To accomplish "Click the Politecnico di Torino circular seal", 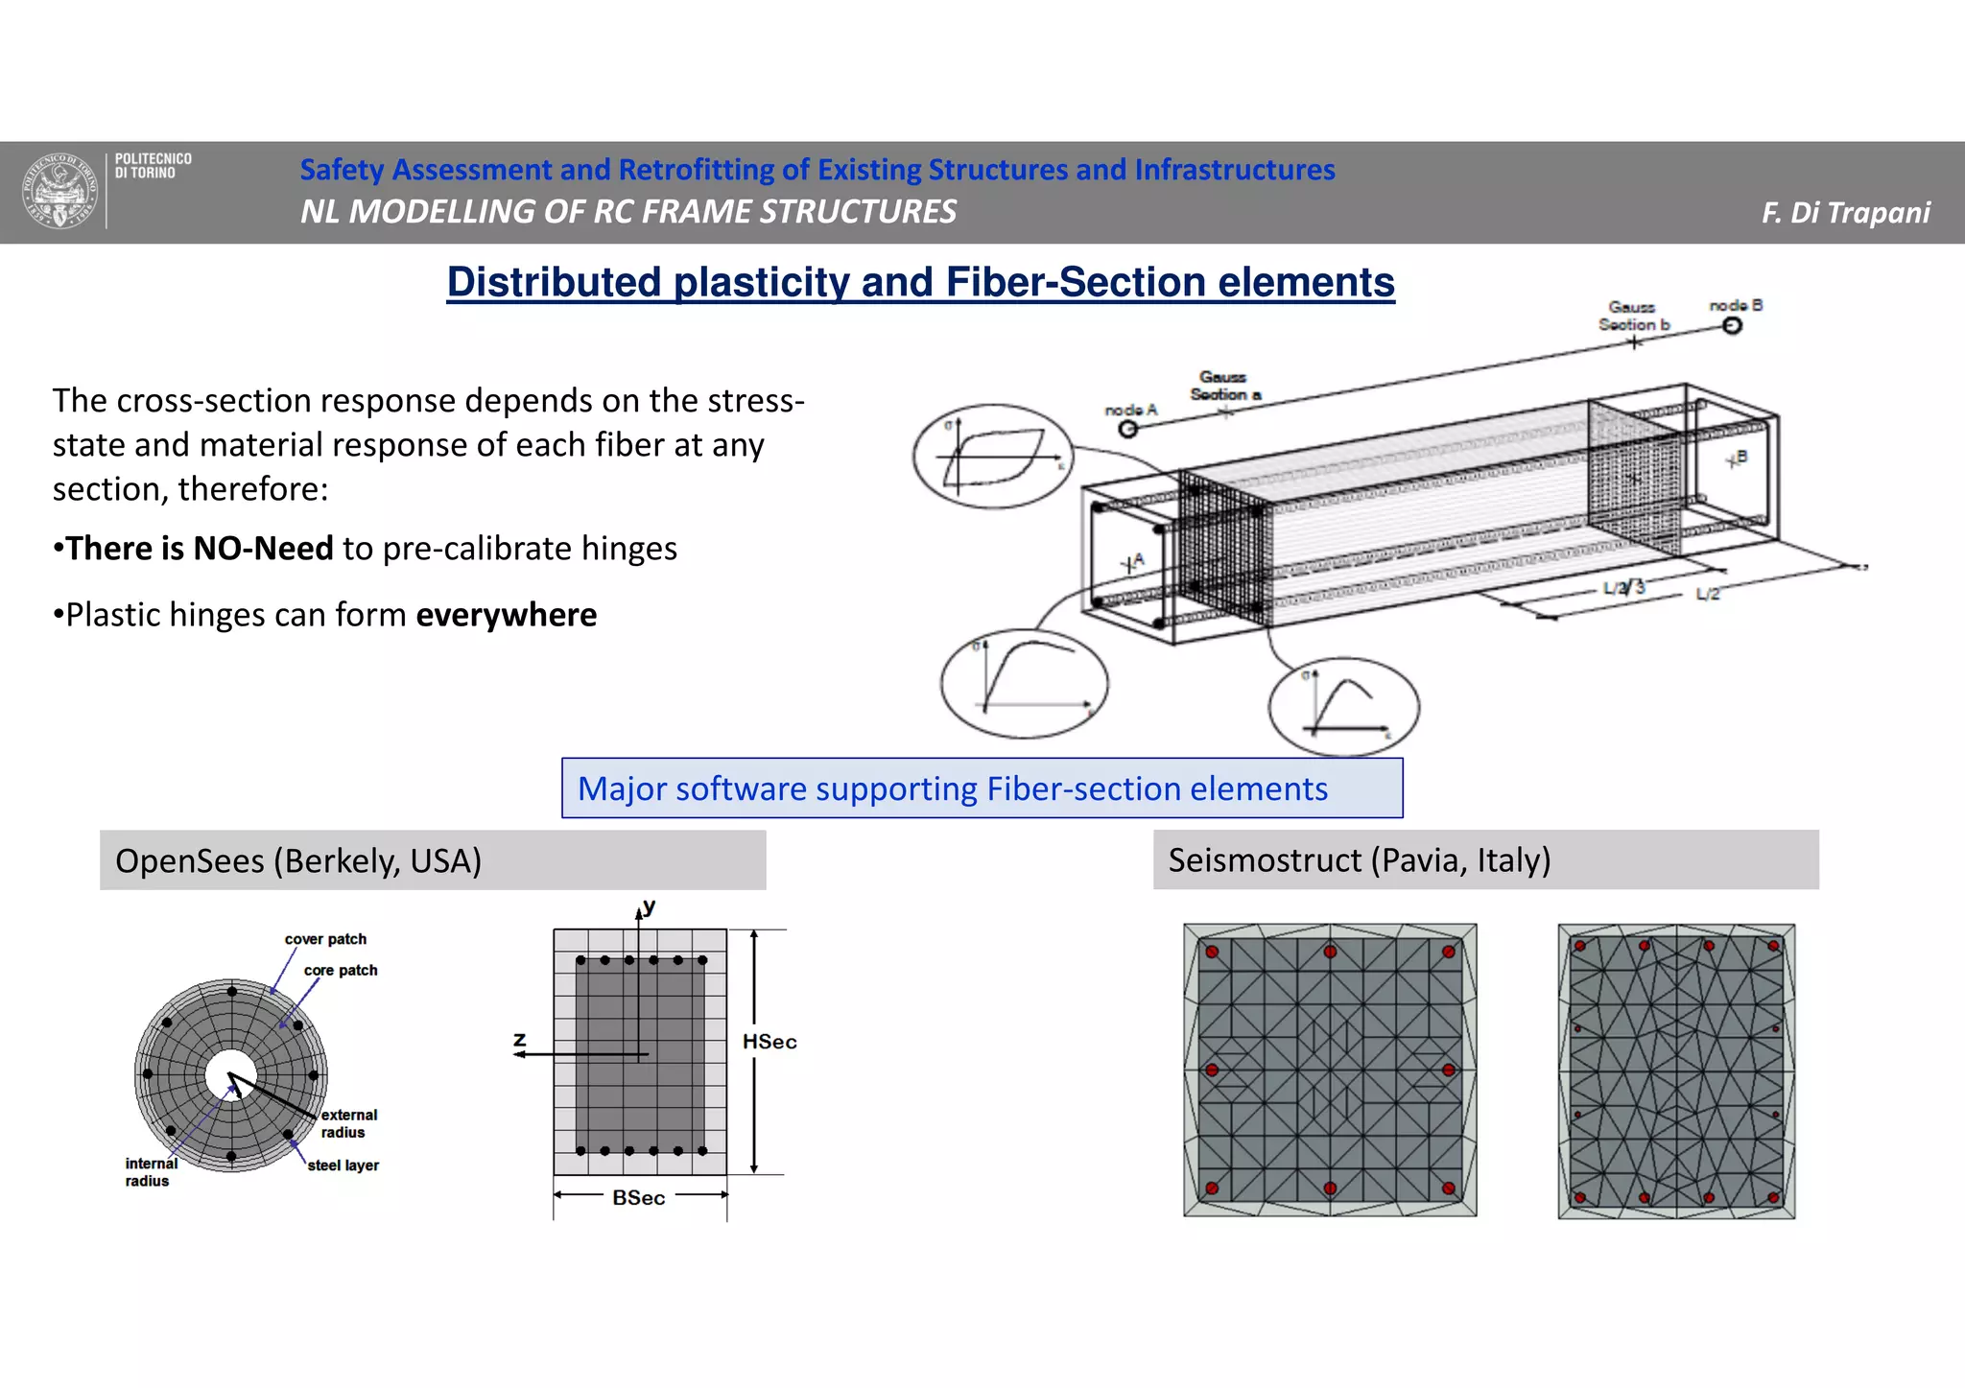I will [60, 191].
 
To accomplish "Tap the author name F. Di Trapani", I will [1845, 212].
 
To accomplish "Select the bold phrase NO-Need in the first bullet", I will [263, 549].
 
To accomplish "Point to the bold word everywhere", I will [506, 615].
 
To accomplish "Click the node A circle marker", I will [1128, 429].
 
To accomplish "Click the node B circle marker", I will [1732, 326].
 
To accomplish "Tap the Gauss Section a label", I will [1224, 386].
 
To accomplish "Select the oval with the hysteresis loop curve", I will [994, 456].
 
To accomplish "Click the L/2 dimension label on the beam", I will [1708, 595].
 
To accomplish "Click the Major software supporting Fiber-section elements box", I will [982, 788].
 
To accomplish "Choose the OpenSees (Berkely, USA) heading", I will [298, 860].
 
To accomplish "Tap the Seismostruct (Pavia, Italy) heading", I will [1359, 860].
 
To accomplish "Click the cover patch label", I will [325, 939].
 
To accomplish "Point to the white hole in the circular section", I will [231, 1075].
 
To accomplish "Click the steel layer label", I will [343, 1165].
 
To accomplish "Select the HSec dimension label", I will [769, 1042].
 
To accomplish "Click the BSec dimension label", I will [639, 1198].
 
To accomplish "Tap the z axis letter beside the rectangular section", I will [520, 1040].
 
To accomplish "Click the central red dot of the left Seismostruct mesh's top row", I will [1330, 952].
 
